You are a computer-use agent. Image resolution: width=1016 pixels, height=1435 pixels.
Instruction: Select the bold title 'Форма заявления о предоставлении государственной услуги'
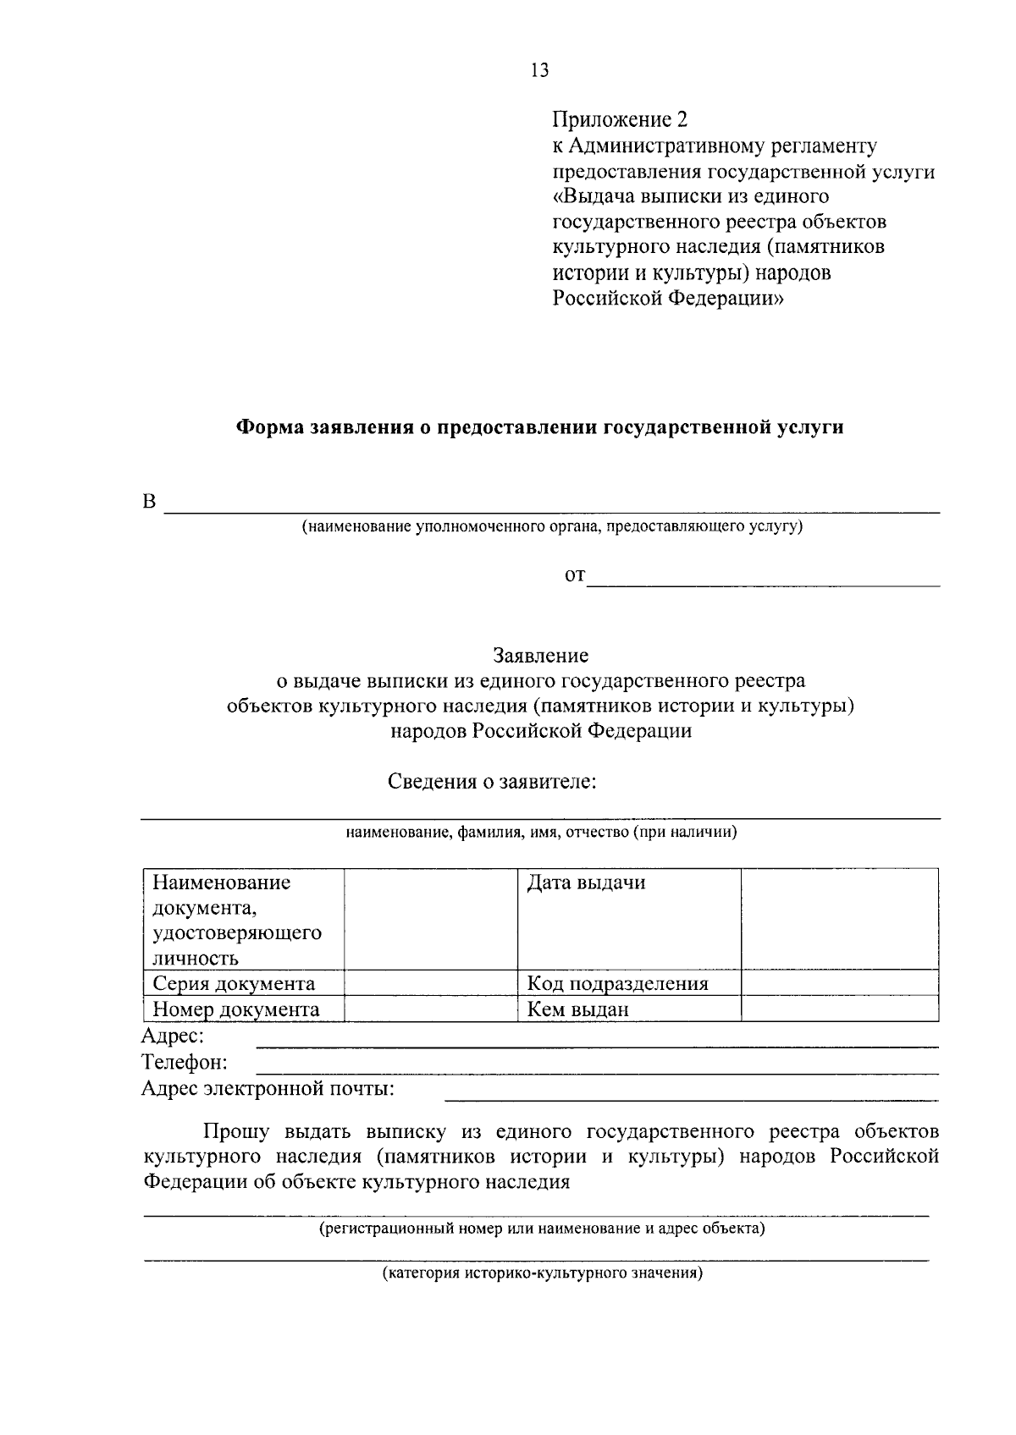click(538, 427)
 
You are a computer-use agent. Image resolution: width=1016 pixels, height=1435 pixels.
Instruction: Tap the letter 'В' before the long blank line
click(150, 502)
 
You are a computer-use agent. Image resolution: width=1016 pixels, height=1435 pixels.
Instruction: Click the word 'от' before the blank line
click(575, 576)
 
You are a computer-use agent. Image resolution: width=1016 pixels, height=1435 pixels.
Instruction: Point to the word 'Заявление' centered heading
click(541, 655)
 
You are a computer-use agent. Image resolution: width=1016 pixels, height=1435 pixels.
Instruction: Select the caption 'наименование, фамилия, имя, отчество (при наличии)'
click(541, 833)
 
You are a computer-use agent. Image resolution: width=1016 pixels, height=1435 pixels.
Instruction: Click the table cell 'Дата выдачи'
click(586, 883)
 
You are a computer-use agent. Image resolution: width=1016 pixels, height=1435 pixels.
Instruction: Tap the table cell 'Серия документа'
click(234, 983)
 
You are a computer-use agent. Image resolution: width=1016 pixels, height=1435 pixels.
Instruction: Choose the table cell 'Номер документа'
click(235, 1009)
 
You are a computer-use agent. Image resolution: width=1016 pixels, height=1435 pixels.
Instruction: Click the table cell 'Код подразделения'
click(617, 983)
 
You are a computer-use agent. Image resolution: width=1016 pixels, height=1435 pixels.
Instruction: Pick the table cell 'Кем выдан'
click(578, 1009)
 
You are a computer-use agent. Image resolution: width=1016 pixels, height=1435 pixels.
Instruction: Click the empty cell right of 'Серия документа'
click(431, 982)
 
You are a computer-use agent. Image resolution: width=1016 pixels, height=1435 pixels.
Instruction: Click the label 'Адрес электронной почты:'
click(268, 1088)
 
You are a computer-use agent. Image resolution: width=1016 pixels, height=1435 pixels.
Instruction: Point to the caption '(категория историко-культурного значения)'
click(541, 1273)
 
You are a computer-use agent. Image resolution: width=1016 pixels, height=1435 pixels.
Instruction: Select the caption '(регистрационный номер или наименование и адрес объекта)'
click(541, 1228)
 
